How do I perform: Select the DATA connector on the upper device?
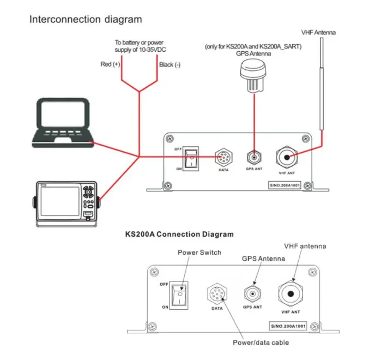pyautogui.click(x=223, y=157)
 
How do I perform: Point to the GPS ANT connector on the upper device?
pyautogui.click(x=253, y=158)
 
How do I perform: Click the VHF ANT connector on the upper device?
pyautogui.click(x=287, y=158)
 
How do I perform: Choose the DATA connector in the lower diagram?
pyautogui.click(x=216, y=293)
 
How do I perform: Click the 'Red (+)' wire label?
pyautogui.click(x=110, y=64)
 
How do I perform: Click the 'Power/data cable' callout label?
pyautogui.click(x=260, y=342)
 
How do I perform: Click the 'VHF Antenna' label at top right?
pyautogui.click(x=319, y=32)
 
